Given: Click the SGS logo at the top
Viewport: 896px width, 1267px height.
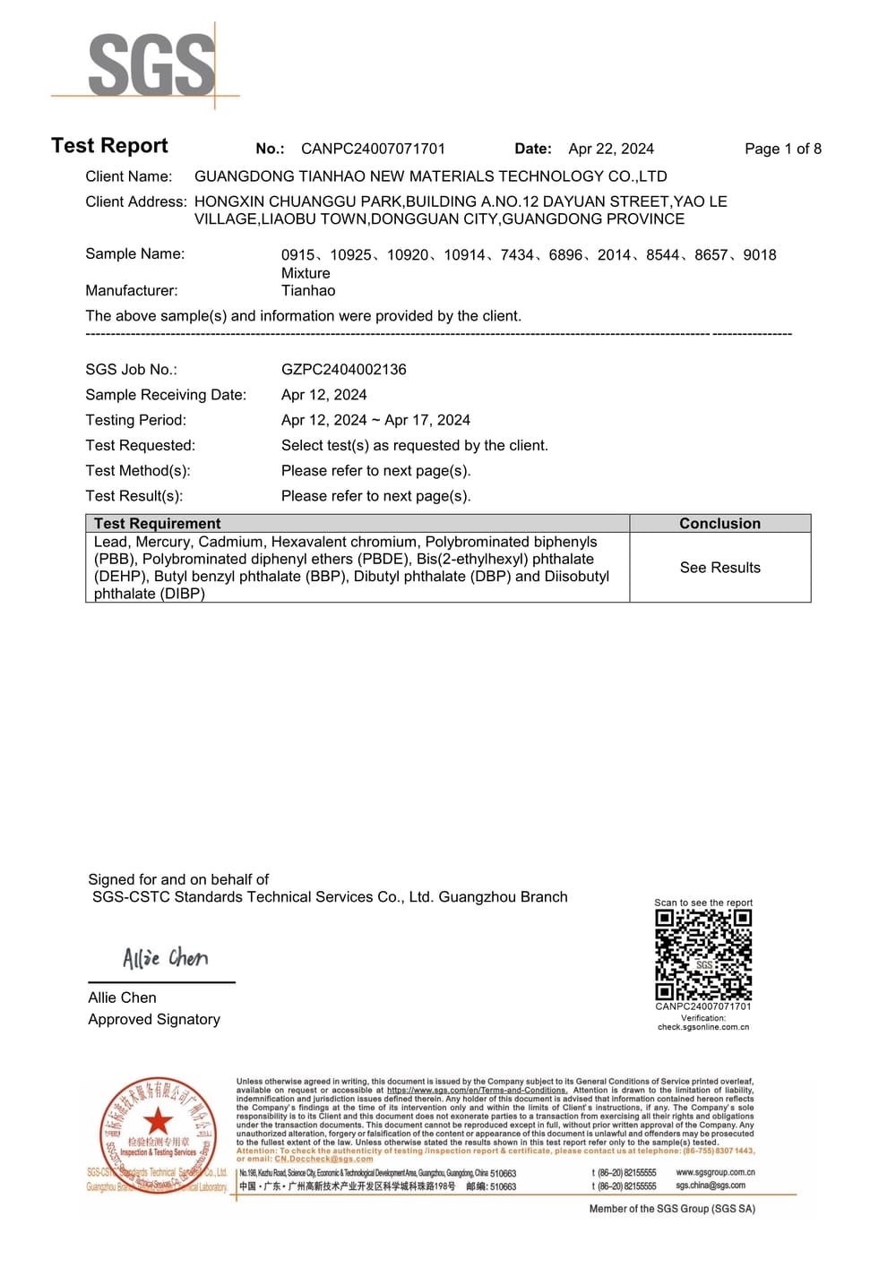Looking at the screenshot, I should pyautogui.click(x=151, y=64).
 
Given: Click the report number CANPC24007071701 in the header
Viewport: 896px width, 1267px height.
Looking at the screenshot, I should pyautogui.click(x=373, y=149).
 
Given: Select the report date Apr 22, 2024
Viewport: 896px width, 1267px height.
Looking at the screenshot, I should pyautogui.click(x=611, y=149).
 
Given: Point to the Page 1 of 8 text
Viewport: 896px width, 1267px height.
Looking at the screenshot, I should pyautogui.click(x=782, y=149).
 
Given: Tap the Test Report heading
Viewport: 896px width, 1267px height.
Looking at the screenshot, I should pyautogui.click(x=109, y=146).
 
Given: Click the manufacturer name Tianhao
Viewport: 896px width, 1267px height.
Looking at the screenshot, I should pyautogui.click(x=308, y=290).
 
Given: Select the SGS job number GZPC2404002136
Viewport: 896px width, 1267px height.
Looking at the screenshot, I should pyautogui.click(x=343, y=369).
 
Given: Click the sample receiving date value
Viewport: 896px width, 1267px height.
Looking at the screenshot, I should pyautogui.click(x=323, y=395).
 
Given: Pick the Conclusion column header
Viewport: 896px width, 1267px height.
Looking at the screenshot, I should pyautogui.click(x=719, y=524).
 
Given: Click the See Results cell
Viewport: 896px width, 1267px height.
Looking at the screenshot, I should pyautogui.click(x=719, y=568).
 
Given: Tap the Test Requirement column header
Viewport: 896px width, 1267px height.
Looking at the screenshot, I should pyautogui.click(x=157, y=524).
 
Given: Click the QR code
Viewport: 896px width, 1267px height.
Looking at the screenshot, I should pyautogui.click(x=703, y=955).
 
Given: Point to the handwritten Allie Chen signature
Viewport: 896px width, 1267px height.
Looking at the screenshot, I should pyautogui.click(x=165, y=958).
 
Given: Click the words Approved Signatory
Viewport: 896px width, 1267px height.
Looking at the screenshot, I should pyautogui.click(x=153, y=1019).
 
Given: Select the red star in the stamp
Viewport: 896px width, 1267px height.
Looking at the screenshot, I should pyautogui.click(x=158, y=1120).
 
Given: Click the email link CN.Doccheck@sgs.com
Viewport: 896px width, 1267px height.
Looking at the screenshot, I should pyautogui.click(x=323, y=1159).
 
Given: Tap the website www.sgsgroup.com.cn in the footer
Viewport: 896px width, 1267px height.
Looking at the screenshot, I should pyautogui.click(x=715, y=1172).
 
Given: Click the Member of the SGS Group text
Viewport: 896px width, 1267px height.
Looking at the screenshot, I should pyautogui.click(x=672, y=1209).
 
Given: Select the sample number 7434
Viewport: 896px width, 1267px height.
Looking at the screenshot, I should pyautogui.click(x=517, y=255).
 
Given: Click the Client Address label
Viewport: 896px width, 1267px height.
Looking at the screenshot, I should pyautogui.click(x=136, y=201).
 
